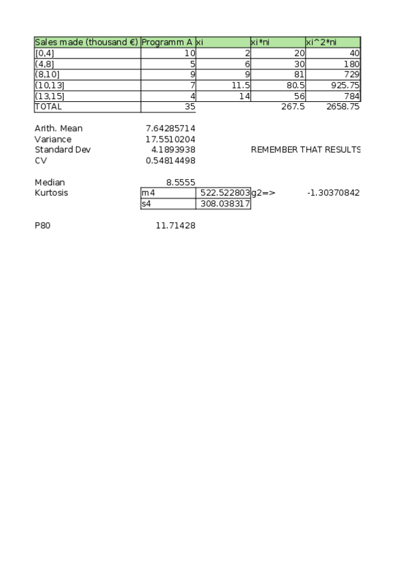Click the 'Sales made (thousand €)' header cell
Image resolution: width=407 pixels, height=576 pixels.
coord(86,42)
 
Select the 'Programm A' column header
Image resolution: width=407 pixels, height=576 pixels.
coord(167,42)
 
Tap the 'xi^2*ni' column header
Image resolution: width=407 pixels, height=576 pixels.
coord(332,42)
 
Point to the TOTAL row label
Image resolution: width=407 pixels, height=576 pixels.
coord(48,107)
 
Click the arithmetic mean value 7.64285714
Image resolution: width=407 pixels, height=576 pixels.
coord(171,128)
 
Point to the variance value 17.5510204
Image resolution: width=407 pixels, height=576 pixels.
coord(171,139)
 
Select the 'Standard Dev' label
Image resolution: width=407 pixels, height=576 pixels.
coord(62,149)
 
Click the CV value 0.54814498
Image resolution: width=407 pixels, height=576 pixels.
coord(171,160)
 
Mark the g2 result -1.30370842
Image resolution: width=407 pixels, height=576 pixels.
coord(333,193)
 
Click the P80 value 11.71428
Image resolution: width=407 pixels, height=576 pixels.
coord(175,225)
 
